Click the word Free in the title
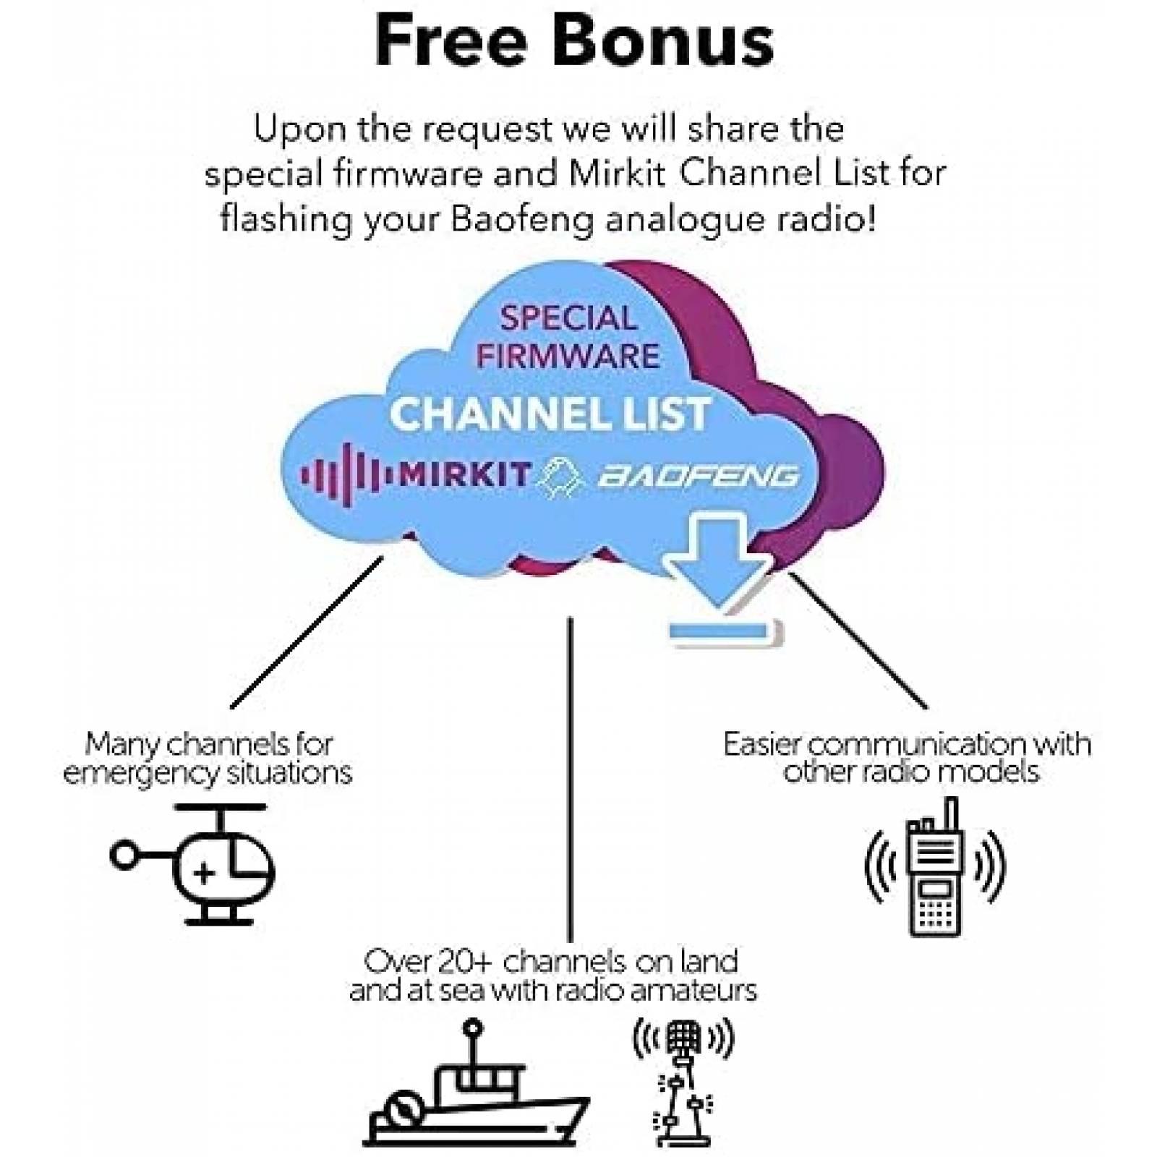[x=451, y=41]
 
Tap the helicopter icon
[x=193, y=864]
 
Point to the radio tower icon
[x=683, y=1081]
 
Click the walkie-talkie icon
[x=935, y=867]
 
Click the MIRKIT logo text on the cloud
[x=465, y=474]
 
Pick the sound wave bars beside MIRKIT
[x=347, y=475]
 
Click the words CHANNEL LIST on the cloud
[x=550, y=414]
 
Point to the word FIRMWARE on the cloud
[x=568, y=356]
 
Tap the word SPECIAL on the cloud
[x=568, y=318]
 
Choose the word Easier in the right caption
[x=760, y=744]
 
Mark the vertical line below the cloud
[x=570, y=779]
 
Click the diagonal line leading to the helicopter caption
[x=307, y=632]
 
